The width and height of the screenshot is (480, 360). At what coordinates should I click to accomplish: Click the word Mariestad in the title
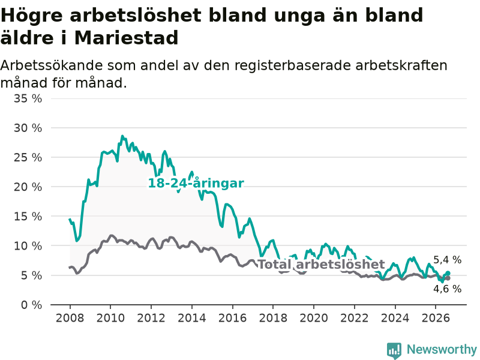coord(126,38)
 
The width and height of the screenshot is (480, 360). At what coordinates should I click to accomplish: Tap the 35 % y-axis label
coord(28,98)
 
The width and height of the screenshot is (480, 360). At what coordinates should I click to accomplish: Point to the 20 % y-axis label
coord(28,187)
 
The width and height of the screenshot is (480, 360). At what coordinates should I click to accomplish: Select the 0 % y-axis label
coord(32,305)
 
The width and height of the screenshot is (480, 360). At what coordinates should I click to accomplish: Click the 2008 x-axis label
coord(70,318)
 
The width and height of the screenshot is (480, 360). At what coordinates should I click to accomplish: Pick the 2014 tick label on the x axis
coord(192,318)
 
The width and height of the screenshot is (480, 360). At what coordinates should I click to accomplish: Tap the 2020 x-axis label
coord(314,318)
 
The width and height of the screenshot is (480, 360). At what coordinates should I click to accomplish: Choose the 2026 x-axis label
coord(436,318)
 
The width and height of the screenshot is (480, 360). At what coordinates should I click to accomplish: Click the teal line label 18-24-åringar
coord(196,183)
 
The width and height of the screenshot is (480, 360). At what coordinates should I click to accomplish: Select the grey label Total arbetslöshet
coord(321,264)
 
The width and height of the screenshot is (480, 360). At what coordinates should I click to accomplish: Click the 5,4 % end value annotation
coord(447,260)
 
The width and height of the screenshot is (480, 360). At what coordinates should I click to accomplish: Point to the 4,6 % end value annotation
coord(447,289)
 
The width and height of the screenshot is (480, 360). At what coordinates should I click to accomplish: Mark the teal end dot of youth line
coord(448,273)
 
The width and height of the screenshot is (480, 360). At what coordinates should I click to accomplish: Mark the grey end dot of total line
coord(448,278)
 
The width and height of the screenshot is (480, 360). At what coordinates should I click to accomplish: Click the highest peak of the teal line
coord(122,136)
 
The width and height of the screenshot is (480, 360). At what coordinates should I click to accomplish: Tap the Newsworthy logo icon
coord(394,350)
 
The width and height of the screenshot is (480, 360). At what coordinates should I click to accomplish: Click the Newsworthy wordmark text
coord(442,349)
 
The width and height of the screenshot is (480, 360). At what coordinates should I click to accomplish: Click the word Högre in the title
coord(32,16)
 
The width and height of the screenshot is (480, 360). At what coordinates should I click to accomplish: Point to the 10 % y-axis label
coord(28,246)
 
